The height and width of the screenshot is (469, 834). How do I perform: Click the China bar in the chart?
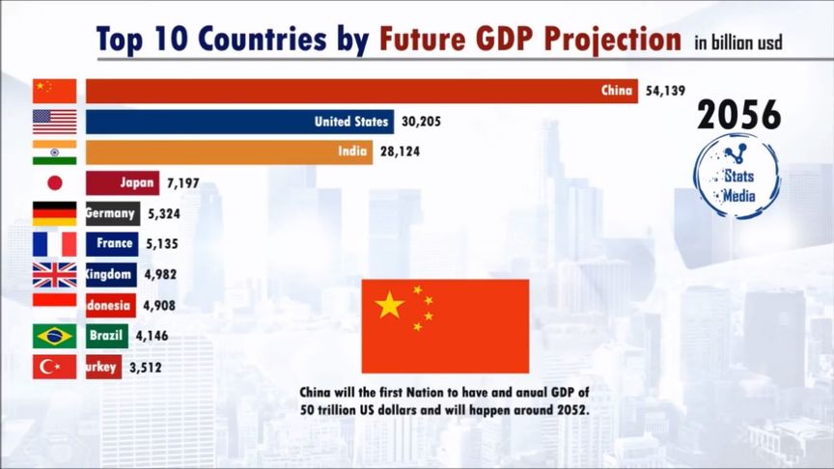point(362,92)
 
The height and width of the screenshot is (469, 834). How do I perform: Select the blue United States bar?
point(239,122)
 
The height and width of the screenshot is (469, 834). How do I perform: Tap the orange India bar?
point(229,152)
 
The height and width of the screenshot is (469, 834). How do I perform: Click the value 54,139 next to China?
point(664,92)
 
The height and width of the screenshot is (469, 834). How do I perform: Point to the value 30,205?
point(420,122)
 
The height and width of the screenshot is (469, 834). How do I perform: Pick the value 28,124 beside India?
point(399,152)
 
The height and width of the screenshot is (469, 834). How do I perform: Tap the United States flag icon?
point(54,122)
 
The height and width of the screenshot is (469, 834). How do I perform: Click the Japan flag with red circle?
point(54,182)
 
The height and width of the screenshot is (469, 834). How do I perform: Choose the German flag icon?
point(54,213)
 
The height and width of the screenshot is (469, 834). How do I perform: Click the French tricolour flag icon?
point(54,244)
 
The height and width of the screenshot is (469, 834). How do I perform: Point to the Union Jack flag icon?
point(54,275)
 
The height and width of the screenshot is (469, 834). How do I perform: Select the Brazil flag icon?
point(54,336)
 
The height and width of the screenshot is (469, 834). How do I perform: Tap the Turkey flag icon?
point(54,367)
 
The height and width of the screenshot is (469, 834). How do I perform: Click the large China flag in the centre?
point(445,326)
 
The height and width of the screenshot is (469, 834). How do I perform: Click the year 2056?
point(738,115)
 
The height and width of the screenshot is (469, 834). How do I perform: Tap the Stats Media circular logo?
point(737,176)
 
